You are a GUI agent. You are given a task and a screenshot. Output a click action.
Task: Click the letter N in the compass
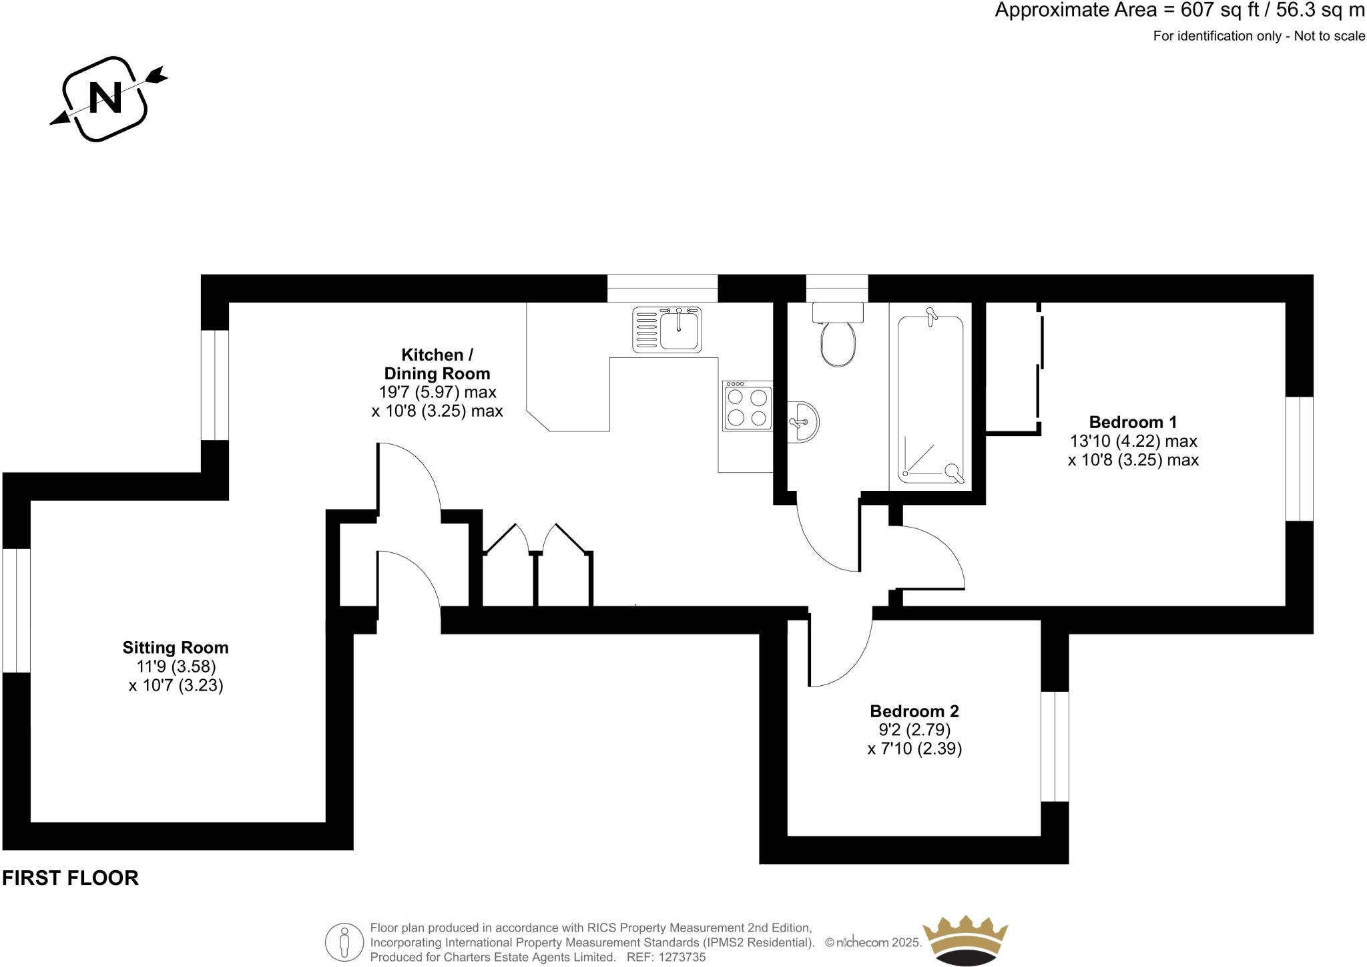[105, 98]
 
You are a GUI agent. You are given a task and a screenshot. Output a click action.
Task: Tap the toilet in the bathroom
[838, 337]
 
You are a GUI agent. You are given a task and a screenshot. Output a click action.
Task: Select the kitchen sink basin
[678, 331]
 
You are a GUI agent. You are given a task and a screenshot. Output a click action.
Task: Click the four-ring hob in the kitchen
[747, 407]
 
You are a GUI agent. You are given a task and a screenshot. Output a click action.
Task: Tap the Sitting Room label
[176, 648]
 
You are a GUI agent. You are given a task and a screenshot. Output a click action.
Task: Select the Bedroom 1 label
[1133, 422]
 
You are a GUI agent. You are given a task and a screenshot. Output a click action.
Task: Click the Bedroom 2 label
[914, 711]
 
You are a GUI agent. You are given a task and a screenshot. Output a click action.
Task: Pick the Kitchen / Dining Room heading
[437, 364]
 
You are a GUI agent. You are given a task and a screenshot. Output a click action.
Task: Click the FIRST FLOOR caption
[70, 878]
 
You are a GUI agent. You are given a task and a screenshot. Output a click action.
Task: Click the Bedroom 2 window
[1055, 746]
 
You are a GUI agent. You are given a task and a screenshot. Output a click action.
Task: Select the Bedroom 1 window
[1299, 459]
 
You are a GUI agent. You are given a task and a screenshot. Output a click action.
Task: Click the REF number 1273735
[682, 957]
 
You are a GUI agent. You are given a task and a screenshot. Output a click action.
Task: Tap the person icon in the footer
[344, 942]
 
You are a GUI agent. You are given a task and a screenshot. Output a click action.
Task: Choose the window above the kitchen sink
[662, 288]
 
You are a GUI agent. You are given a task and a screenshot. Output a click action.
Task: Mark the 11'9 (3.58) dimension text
[176, 666]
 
